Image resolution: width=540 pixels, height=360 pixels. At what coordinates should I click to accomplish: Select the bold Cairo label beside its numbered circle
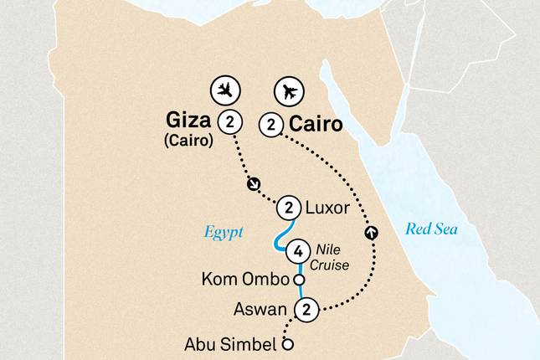316,125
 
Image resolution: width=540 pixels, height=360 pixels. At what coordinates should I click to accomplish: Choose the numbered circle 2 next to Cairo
270,125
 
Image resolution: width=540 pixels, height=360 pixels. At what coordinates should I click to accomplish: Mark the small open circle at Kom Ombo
296,279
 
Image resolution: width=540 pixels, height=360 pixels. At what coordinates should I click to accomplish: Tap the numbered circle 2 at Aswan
307,310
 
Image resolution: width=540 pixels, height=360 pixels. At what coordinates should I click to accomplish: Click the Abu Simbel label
229,342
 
